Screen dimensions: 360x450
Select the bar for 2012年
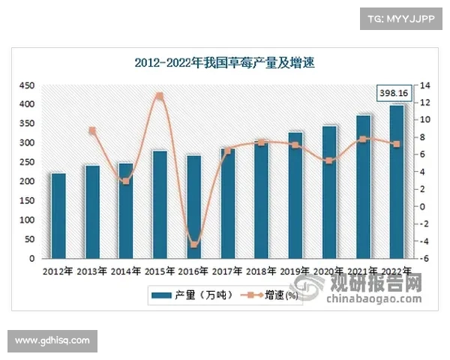pos(58,215)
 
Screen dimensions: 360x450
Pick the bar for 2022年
pos(397,181)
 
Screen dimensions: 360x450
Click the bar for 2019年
pos(295,195)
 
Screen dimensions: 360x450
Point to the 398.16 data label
pos(394,93)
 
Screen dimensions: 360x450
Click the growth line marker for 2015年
pos(159,96)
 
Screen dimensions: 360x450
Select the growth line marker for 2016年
pos(193,244)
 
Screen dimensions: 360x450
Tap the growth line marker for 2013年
pos(92,131)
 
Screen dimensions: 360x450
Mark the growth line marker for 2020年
pos(329,160)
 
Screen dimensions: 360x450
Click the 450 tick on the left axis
pos(27,85)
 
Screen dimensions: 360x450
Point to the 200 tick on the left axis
pos(27,181)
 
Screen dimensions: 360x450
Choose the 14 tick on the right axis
pos(423,85)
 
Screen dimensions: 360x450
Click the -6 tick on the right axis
pos(423,259)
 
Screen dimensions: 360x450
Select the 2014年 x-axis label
pos(124,271)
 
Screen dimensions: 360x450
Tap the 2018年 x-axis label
pos(261,271)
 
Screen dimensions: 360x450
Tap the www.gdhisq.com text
pos(52,340)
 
